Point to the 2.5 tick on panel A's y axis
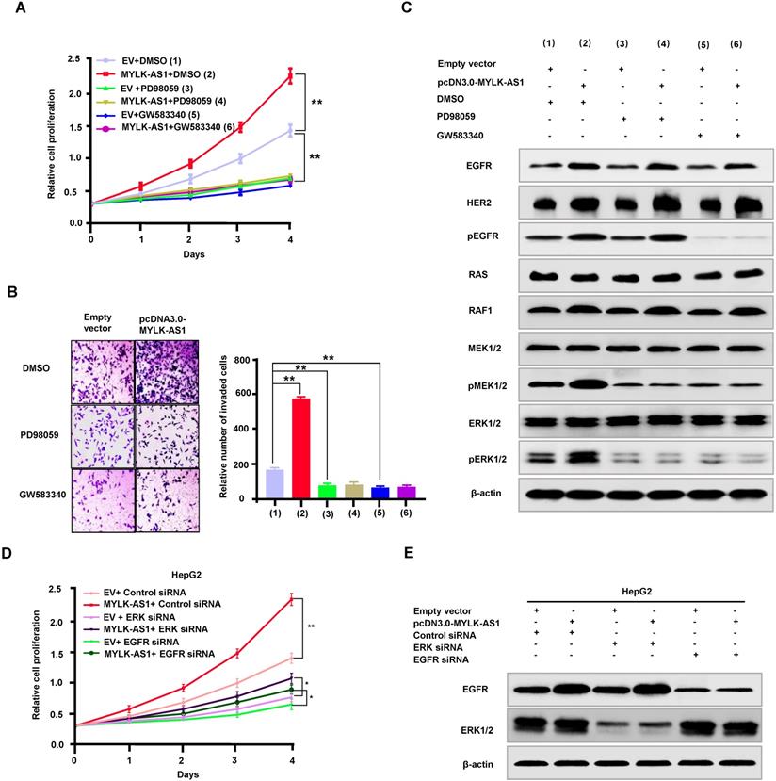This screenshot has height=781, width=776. pos(74,59)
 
